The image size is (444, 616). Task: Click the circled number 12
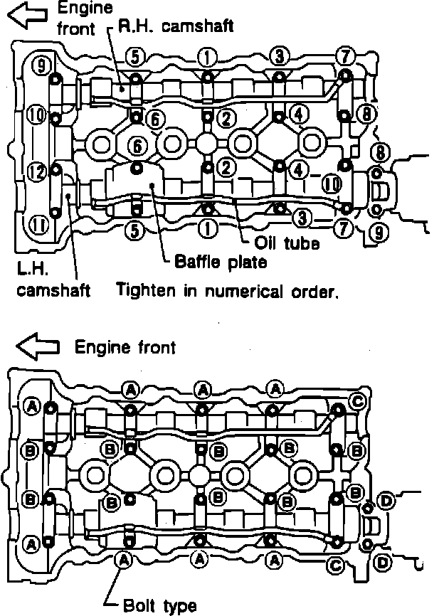tap(36, 172)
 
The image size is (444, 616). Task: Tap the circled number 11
tap(39, 225)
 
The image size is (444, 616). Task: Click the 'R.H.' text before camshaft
tap(134, 27)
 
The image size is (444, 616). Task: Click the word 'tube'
tap(302, 243)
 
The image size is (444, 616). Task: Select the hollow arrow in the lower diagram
tap(36, 347)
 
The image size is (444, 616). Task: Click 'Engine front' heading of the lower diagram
tap(125, 347)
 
